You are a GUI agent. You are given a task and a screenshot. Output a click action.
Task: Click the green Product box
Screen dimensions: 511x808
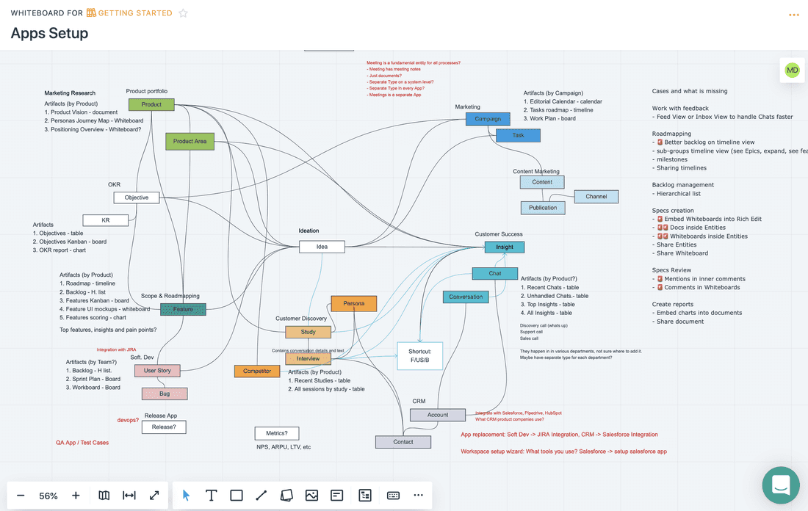pos(151,105)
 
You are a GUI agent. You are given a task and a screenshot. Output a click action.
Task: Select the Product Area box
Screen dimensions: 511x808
pos(190,141)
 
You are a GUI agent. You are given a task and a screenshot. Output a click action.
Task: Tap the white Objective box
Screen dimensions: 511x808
pos(137,197)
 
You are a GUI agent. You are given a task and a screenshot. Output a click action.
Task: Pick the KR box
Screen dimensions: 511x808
pos(106,220)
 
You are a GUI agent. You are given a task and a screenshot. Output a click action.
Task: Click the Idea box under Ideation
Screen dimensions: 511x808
pos(322,247)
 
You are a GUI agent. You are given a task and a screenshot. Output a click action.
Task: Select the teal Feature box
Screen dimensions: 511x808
pos(183,309)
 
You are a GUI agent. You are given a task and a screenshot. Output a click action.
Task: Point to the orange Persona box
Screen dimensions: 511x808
pos(353,303)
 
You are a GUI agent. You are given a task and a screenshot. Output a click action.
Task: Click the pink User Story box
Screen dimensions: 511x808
pos(157,371)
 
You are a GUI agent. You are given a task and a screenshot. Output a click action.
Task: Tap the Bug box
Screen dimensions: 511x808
pos(165,394)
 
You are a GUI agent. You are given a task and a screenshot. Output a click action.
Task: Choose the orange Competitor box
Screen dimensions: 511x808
pos(257,371)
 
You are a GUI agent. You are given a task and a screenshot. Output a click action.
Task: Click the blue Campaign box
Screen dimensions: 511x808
pos(488,119)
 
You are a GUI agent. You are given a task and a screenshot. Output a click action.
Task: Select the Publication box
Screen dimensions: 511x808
pos(543,208)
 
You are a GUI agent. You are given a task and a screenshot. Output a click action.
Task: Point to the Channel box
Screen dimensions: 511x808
pos(596,197)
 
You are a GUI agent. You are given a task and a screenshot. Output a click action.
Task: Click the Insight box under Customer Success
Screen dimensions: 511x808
pos(505,247)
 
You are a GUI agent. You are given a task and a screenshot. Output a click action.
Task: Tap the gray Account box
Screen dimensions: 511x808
pos(438,415)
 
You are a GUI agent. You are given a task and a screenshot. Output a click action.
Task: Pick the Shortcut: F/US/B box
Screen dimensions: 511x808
pos(420,356)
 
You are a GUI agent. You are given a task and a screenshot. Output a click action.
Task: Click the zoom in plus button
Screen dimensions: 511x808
pos(76,496)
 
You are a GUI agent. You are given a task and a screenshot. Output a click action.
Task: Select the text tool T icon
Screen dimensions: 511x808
pos(211,496)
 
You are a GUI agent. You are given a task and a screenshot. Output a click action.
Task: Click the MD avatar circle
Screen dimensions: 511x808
pos(792,70)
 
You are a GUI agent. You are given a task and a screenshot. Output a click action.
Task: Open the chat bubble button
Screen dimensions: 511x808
pos(781,485)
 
